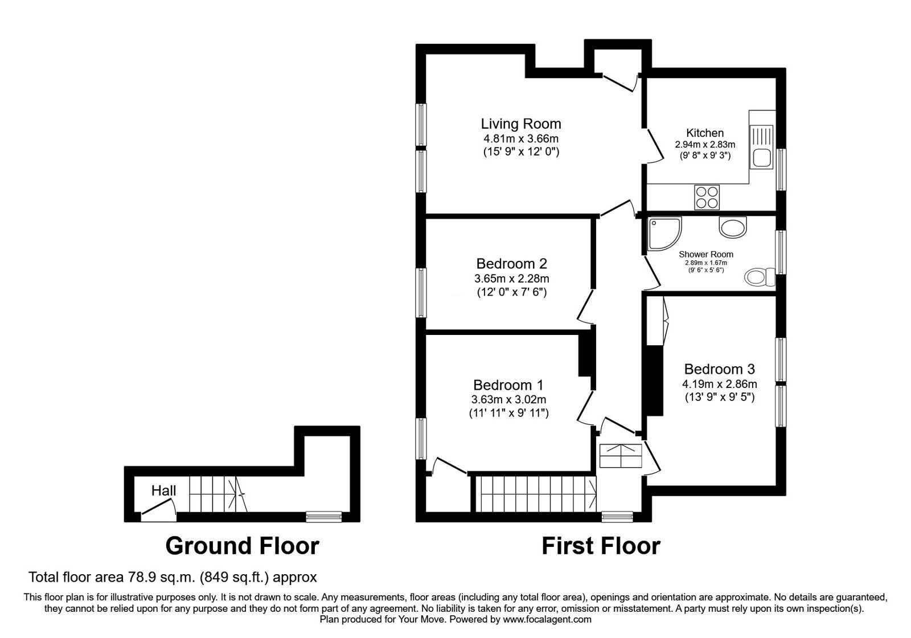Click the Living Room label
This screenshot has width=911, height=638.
(x=520, y=124)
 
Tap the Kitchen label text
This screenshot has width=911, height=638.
(x=705, y=133)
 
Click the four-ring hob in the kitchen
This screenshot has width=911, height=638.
(x=707, y=197)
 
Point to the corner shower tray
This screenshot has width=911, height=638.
(x=664, y=234)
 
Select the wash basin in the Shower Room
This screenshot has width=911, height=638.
(x=732, y=228)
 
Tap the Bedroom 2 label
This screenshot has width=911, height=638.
(x=511, y=264)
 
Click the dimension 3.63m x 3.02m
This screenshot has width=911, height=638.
(x=509, y=399)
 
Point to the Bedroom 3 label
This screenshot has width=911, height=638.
(x=720, y=369)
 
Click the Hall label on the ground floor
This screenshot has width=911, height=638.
(x=163, y=490)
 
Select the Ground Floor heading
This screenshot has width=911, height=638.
(x=242, y=546)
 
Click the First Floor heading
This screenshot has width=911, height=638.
(x=601, y=546)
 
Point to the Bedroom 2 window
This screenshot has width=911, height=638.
(x=421, y=292)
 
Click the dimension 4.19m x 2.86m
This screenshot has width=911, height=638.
(x=720, y=384)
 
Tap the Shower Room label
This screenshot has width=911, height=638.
(x=706, y=254)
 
